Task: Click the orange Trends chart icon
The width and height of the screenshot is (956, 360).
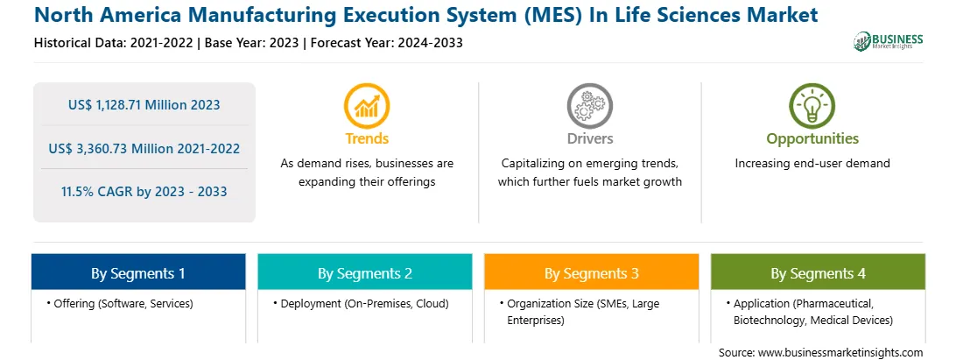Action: [367, 105]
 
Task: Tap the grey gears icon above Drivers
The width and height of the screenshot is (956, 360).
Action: [589, 105]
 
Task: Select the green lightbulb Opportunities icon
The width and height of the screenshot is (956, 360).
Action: [812, 105]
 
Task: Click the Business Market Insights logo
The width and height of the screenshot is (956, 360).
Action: [889, 41]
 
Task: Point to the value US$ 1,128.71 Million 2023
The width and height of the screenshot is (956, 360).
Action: [144, 104]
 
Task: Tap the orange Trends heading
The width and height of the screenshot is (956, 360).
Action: [367, 138]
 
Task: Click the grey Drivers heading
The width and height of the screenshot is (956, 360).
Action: [589, 138]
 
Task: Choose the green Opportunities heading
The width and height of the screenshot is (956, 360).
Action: [812, 139]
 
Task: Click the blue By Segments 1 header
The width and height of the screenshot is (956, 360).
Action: [138, 272]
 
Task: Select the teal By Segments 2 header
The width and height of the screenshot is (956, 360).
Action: [364, 272]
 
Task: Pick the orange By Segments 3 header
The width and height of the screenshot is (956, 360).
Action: [592, 272]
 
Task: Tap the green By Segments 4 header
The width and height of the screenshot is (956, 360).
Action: [819, 272]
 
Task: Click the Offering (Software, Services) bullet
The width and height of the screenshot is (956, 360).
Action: [119, 303]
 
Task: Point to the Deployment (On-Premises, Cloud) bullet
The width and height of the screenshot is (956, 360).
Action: [361, 303]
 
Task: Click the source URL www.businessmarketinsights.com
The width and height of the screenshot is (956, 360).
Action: [840, 352]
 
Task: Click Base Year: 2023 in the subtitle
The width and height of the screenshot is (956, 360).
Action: [252, 43]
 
